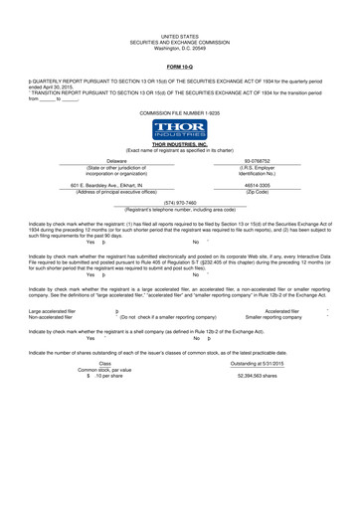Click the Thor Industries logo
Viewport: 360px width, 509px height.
pos(180,129)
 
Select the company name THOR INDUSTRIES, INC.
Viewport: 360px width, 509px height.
pos(180,145)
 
